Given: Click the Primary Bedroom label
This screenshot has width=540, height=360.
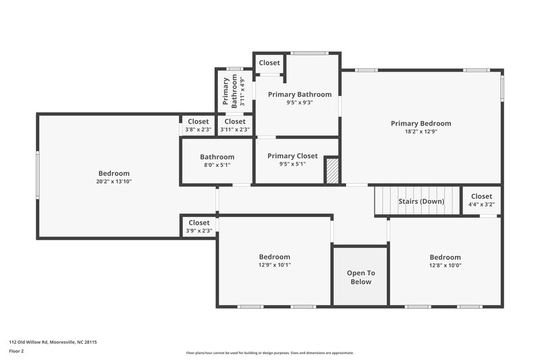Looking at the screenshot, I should click(x=421, y=124).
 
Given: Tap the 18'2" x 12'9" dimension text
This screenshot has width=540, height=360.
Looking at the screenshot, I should click(x=421, y=132).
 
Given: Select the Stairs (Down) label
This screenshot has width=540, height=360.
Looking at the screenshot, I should click(x=421, y=201).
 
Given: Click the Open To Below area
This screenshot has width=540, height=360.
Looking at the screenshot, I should click(x=360, y=277).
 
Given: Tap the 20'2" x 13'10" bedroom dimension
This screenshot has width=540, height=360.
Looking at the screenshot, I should click(x=113, y=182).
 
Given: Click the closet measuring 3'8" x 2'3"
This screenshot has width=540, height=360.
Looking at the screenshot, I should click(x=198, y=125).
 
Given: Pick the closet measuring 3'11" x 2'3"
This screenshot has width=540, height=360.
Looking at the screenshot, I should click(x=235, y=125).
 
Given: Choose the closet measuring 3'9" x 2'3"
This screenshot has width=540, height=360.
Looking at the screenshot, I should click(x=199, y=226).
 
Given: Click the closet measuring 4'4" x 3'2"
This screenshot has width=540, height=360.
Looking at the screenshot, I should click(x=481, y=201).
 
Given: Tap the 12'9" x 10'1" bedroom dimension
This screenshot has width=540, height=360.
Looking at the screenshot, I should click(x=275, y=265).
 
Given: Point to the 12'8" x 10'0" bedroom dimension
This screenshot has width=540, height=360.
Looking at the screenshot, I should click(x=445, y=265).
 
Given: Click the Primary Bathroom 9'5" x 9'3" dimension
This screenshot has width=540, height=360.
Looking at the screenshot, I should click(x=300, y=103).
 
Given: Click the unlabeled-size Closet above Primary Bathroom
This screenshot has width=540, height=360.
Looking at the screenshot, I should click(x=269, y=63).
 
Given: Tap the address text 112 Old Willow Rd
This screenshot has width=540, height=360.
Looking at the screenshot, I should click(x=53, y=342).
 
